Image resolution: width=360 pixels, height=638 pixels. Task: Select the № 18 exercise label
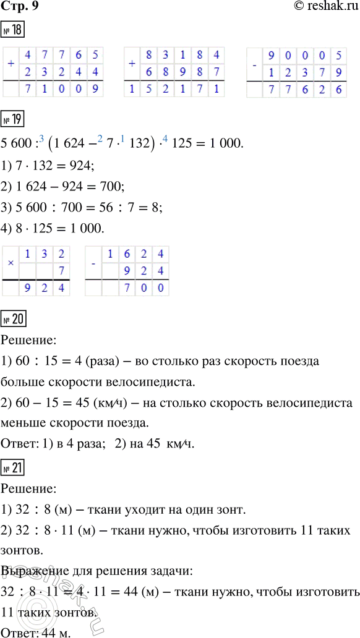pyautogui.click(x=13, y=29)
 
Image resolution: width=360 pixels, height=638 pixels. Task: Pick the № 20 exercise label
pyautogui.click(x=13, y=320)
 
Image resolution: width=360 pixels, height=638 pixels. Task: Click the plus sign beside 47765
pyautogui.click(x=11, y=62)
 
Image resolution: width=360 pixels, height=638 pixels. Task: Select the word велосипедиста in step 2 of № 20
pyautogui.click(x=301, y=403)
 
